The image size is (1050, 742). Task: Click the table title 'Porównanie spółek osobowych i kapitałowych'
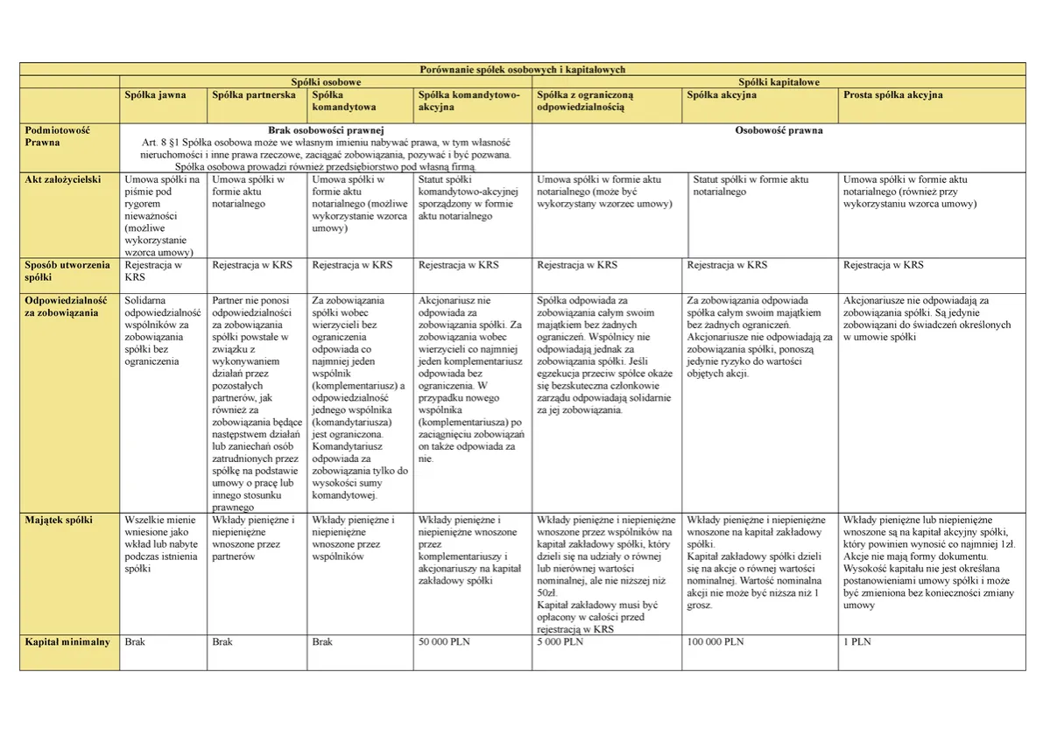pyautogui.click(x=524, y=69)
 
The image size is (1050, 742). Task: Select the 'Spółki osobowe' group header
pyautogui.click(x=326, y=81)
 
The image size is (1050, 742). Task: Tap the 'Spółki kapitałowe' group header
pyautogui.click(x=779, y=81)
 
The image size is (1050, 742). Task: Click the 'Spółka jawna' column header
pyautogui.click(x=156, y=94)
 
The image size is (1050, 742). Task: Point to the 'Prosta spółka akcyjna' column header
pyautogui.click(x=892, y=94)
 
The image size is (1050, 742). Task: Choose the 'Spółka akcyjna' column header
pyautogui.click(x=722, y=94)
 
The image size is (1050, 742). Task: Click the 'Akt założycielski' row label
pyautogui.click(x=63, y=179)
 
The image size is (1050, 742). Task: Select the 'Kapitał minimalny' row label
pyautogui.click(x=67, y=641)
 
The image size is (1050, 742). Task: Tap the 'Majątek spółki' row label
pyautogui.click(x=59, y=520)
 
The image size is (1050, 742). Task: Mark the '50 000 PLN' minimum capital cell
pyautogui.click(x=444, y=641)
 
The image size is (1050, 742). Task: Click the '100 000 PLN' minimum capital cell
pyautogui.click(x=715, y=641)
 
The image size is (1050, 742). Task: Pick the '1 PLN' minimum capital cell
pyautogui.click(x=856, y=641)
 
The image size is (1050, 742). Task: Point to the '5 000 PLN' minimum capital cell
pyautogui.click(x=560, y=641)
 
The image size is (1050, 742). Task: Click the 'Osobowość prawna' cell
pyautogui.click(x=779, y=130)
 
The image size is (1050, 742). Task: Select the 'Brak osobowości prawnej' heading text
pyautogui.click(x=326, y=130)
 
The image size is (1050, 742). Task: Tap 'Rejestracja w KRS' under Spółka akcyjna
pyautogui.click(x=727, y=264)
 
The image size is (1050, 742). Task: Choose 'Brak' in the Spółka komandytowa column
pyautogui.click(x=322, y=641)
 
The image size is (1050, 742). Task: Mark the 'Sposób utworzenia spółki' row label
pyautogui.click(x=67, y=270)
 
